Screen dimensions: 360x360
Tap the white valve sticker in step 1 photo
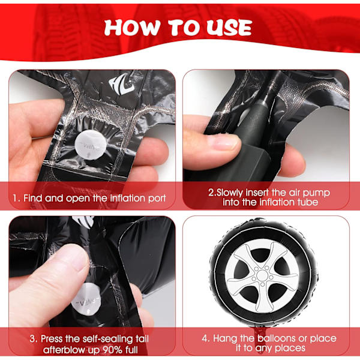88,145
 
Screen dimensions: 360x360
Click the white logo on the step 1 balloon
121,83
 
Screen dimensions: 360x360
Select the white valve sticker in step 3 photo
86,299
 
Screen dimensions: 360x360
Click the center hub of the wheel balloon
262,275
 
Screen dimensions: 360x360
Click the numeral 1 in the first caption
15,198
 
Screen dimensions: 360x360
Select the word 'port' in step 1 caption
157,199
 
